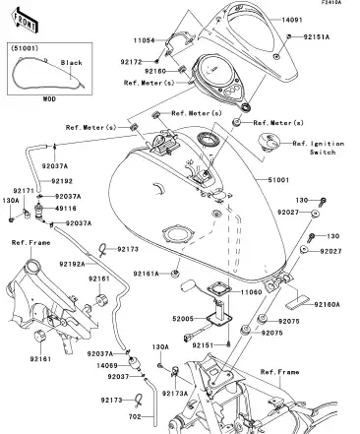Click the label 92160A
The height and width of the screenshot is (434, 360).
(x=329, y=305)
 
